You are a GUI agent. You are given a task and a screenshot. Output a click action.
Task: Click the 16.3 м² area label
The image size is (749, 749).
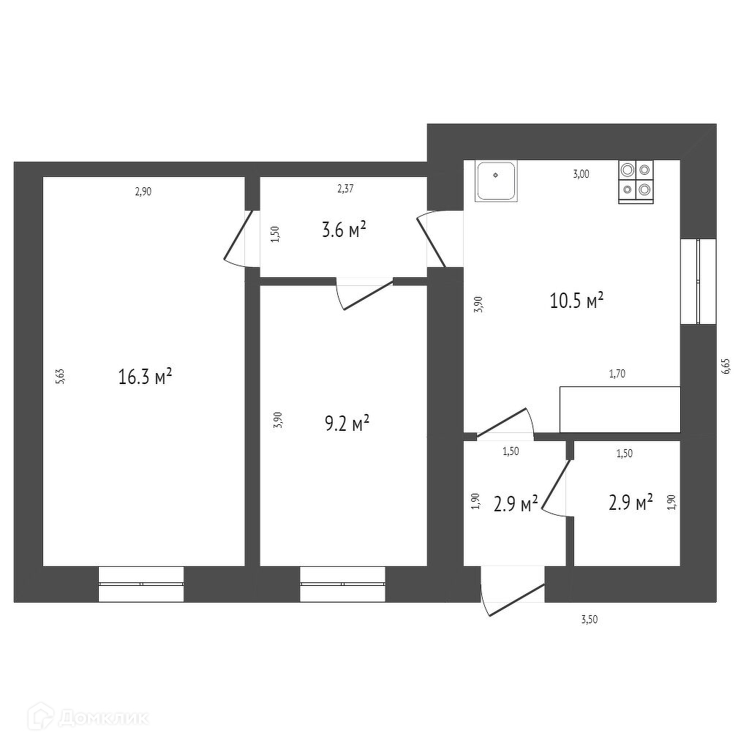click(x=145, y=377)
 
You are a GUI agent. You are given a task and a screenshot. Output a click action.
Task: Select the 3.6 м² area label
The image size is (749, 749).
click(x=344, y=231)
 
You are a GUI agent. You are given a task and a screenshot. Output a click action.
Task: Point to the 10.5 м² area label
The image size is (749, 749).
click(x=576, y=300)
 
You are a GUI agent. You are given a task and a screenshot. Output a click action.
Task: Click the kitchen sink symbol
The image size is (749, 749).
click(x=497, y=181)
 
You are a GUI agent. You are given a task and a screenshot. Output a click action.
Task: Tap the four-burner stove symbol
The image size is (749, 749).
click(x=636, y=181)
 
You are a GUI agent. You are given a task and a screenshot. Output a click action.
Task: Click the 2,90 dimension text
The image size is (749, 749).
click(x=143, y=192)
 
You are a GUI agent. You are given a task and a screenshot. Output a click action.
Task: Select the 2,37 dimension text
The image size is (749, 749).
click(x=345, y=189)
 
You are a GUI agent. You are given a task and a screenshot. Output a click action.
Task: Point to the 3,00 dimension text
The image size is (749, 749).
click(x=581, y=174)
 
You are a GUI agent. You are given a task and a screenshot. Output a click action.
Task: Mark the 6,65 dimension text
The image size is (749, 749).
click(x=726, y=366)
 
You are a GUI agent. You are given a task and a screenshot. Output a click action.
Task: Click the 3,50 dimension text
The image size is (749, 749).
click(x=590, y=620)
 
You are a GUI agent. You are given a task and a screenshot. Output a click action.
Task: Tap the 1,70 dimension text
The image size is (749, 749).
click(x=617, y=374)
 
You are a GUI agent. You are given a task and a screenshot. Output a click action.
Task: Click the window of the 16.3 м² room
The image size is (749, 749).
click(x=140, y=584)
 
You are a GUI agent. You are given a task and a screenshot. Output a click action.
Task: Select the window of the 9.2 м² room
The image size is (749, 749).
click(x=342, y=584)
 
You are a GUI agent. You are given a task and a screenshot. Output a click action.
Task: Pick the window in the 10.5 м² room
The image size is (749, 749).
click(x=699, y=281)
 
